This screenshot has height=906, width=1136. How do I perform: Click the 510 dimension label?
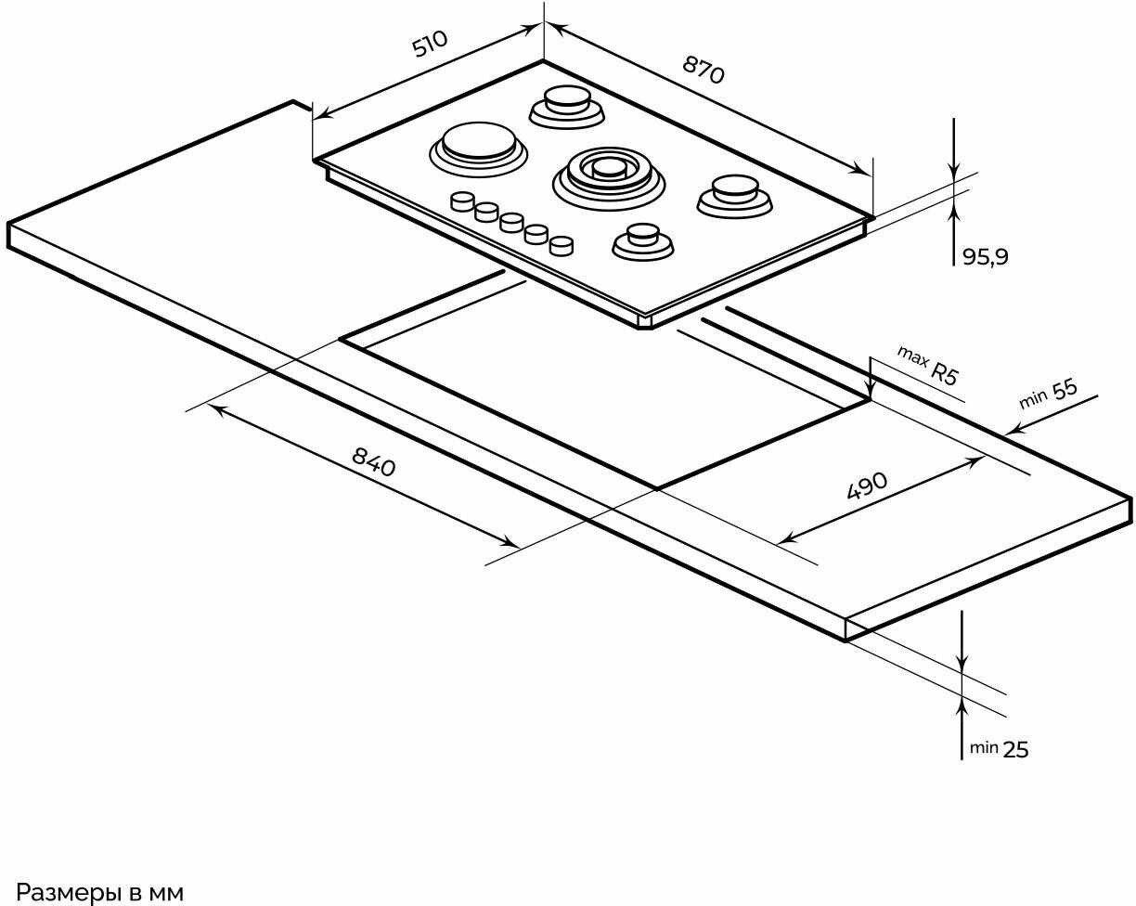click(x=431, y=44)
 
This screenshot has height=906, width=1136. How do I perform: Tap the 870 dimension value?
click(x=704, y=70)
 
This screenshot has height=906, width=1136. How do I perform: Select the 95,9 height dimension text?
click(x=985, y=257)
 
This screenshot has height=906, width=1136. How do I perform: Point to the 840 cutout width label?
click(x=374, y=460)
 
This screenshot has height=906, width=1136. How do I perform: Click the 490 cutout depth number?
click(x=867, y=485)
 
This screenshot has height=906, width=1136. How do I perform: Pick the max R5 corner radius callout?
click(x=927, y=365)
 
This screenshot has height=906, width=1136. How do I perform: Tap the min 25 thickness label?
click(x=999, y=749)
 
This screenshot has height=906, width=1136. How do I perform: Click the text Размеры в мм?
click(x=100, y=893)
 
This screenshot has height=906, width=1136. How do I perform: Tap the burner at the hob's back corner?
click(x=567, y=102)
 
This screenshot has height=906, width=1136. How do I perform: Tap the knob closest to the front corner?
click(x=561, y=246)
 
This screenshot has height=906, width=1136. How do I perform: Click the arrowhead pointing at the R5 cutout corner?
click(x=871, y=391)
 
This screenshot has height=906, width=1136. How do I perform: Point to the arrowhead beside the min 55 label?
click(x=1013, y=430)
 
